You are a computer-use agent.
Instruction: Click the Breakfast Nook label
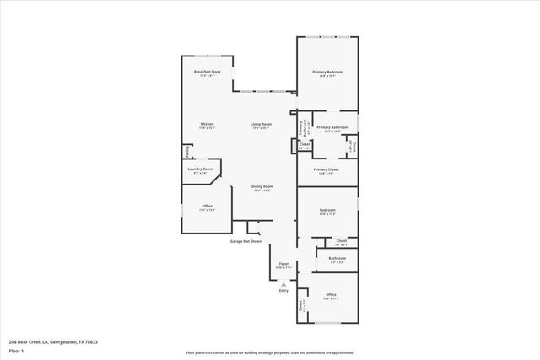(x=207, y=72)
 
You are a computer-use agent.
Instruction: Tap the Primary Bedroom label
(x=326, y=73)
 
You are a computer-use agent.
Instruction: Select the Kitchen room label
(x=207, y=125)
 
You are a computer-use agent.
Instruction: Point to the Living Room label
(x=260, y=125)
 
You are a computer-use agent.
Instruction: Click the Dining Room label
(x=262, y=186)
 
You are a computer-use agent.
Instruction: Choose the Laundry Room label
(x=201, y=169)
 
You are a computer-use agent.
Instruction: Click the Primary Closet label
(x=326, y=169)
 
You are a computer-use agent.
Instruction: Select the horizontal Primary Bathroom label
(x=328, y=127)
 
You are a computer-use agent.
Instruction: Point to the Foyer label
(x=283, y=265)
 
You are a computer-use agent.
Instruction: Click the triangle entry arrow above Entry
(x=283, y=284)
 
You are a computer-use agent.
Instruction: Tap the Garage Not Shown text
(x=246, y=241)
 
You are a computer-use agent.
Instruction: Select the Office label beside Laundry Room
(x=207, y=206)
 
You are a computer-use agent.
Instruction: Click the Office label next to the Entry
(x=331, y=294)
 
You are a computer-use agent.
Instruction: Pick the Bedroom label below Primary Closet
(x=327, y=210)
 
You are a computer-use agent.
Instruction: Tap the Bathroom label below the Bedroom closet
(x=337, y=258)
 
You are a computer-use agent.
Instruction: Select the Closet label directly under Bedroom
(x=341, y=241)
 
